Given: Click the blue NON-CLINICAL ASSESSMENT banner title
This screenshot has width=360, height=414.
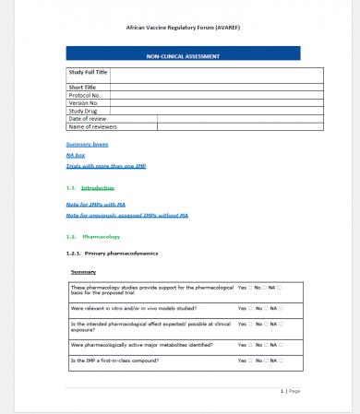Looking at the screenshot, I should coord(183,56).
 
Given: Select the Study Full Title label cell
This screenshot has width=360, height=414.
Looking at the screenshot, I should coord(89,72).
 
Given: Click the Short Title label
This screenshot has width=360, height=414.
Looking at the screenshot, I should coord(82,87).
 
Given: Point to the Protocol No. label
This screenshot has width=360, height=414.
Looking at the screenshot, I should coord(85,95).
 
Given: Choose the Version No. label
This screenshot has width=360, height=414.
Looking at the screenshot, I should coord(83,102).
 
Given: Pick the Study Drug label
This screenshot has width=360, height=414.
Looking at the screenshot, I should coord(82,111).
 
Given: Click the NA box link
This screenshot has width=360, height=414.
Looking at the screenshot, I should coord(76,155).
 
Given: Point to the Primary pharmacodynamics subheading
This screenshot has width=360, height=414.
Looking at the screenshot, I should coord(120,253).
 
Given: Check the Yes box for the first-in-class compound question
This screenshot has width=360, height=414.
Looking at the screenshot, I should coord(250,360).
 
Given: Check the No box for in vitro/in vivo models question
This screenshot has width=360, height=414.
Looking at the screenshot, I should coord(266,308).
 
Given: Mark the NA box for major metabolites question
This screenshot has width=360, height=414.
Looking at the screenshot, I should coord(281,344).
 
